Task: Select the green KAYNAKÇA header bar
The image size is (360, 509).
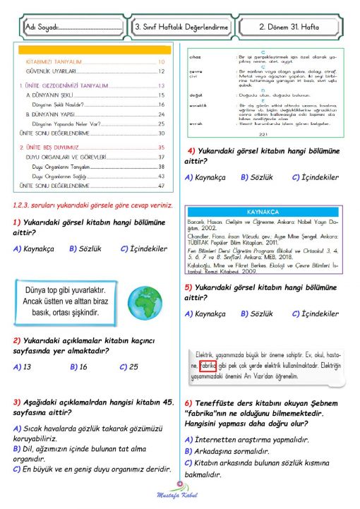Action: [262, 212]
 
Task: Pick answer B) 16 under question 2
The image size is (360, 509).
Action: [78, 366]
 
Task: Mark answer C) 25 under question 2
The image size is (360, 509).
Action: [128, 366]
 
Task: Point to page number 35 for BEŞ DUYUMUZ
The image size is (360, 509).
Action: [161, 147]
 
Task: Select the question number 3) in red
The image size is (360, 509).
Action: [17, 402]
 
